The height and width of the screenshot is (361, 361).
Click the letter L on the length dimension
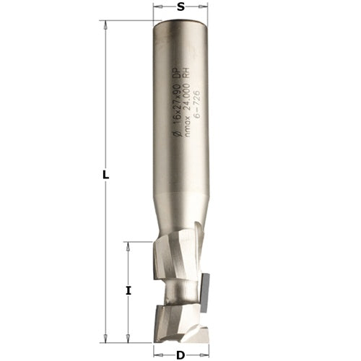[x=105, y=175]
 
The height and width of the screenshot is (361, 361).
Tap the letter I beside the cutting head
[x=129, y=291]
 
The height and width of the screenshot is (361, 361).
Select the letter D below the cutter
[x=180, y=355]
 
